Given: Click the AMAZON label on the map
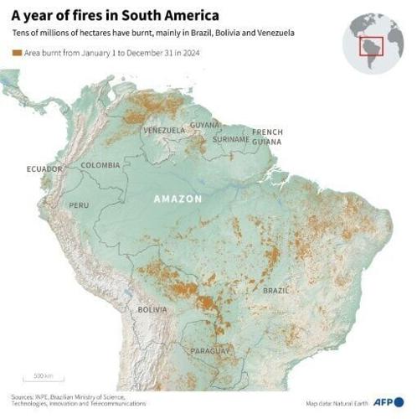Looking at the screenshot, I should point(178,199).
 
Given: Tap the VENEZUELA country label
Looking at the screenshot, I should point(163,131).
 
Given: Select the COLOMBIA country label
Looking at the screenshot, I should point(100,165).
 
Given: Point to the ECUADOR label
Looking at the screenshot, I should point(44,169).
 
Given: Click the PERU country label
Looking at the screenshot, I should point(79,205).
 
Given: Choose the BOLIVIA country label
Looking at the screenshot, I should point(152,309).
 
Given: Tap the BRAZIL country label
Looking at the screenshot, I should point(276,290).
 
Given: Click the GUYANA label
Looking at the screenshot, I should point(204,125).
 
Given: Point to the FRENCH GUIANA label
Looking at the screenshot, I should point(268,137).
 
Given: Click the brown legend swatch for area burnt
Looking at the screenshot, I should point(16,53).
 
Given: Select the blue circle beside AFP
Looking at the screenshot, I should point(399,402).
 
